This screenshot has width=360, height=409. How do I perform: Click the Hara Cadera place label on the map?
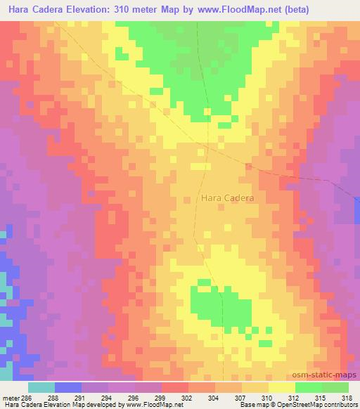coord(228,198)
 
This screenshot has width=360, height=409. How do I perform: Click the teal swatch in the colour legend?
coord(41,387)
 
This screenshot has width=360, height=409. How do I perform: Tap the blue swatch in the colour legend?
coord(67,387)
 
